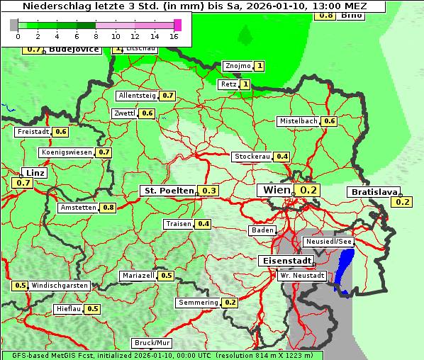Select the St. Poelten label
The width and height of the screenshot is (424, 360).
168,191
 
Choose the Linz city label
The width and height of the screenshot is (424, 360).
34,173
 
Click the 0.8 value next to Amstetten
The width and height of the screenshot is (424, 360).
108,208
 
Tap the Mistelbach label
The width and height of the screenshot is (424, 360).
298,121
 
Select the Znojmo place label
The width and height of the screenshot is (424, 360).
238,66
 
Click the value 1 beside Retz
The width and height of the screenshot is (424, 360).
245,84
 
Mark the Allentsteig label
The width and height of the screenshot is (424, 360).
137,96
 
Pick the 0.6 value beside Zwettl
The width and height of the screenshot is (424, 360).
147,113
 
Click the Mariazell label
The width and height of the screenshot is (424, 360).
138,276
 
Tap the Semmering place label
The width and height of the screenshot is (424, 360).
198,303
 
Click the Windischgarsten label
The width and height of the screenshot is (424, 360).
60,286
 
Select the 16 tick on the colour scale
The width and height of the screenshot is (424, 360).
174,36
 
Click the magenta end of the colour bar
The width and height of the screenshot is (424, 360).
177,25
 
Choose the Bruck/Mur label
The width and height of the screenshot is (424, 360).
152,343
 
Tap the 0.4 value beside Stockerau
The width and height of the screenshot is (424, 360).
282,157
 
